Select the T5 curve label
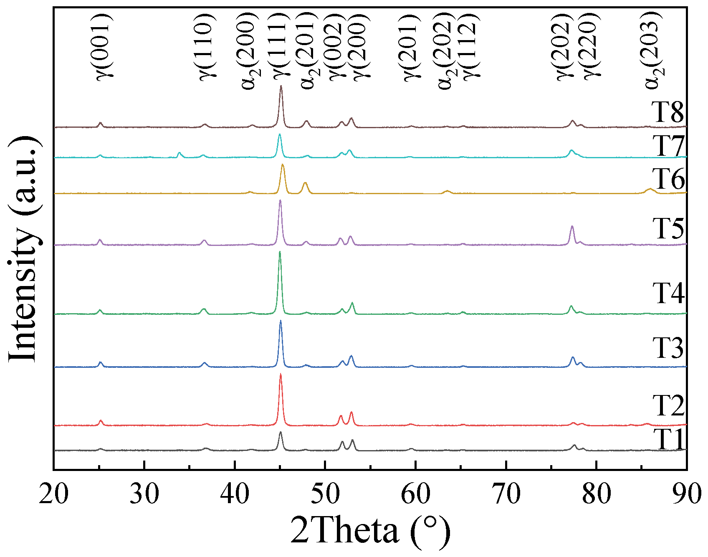(668, 228)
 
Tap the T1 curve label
(669, 440)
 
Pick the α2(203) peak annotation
(653, 50)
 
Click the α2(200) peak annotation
(249, 50)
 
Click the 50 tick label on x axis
(325, 494)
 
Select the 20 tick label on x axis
(53, 494)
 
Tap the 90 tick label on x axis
(686, 494)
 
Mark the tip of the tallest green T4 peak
(280, 252)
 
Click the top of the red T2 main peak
(281, 374)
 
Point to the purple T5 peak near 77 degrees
(572, 226)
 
